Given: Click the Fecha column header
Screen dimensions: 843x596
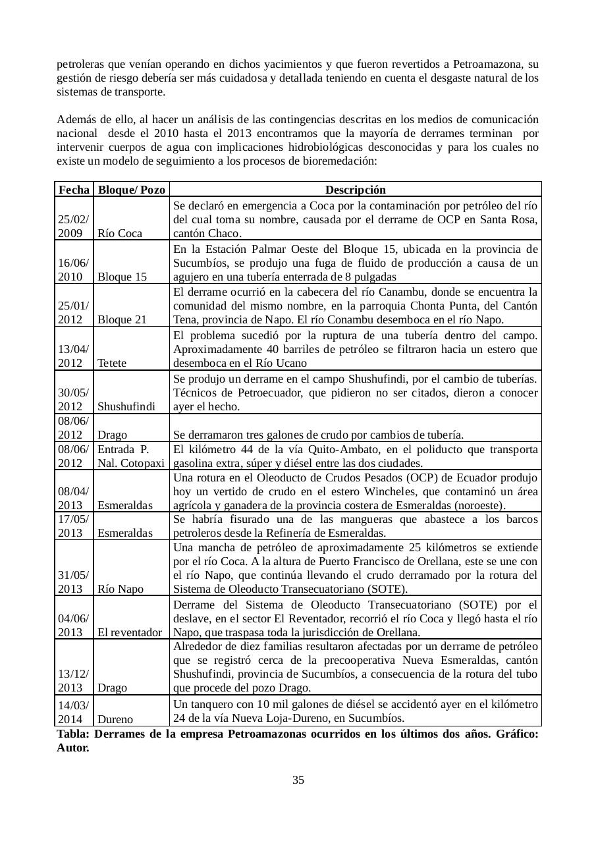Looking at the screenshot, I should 74,190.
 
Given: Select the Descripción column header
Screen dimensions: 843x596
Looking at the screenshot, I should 356,190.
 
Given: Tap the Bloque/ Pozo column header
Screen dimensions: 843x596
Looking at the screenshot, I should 132,190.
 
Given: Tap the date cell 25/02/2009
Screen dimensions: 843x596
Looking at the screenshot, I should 74,226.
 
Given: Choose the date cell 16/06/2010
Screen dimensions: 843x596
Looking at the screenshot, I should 74,269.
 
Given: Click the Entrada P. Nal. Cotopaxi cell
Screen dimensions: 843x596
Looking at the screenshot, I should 131,456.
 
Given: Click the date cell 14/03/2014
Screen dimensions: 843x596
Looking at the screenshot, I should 74,712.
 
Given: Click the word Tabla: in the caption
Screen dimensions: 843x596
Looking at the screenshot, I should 73,734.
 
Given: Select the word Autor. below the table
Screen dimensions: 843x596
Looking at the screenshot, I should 73,748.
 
